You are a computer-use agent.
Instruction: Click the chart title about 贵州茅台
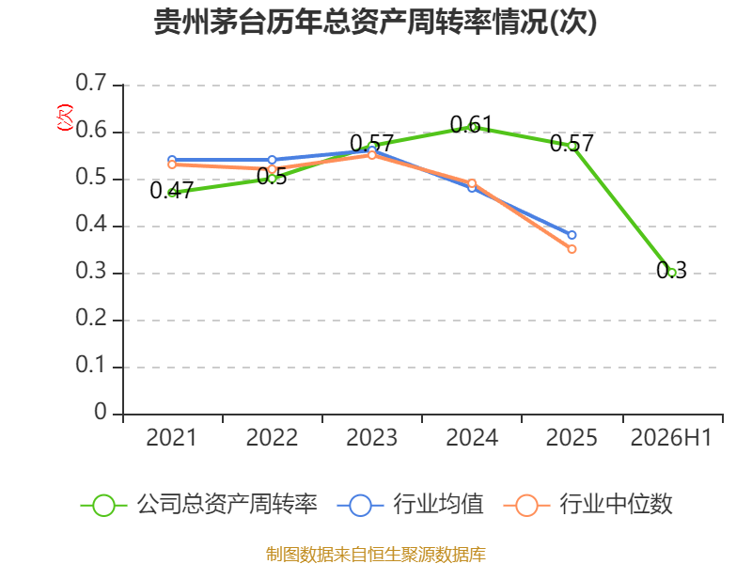tap(375, 22)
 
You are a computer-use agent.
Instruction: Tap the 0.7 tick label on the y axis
tap(90, 83)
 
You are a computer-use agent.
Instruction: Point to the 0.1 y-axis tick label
tap(90, 366)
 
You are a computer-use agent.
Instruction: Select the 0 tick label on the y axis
tap(101, 413)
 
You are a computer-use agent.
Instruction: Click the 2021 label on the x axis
tap(171, 438)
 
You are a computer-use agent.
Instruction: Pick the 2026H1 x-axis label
tap(671, 438)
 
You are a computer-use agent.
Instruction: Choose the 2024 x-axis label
tap(472, 438)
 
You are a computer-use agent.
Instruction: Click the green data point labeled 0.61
tap(472, 127)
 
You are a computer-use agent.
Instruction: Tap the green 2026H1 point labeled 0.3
tap(672, 273)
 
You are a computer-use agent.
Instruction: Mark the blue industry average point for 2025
tap(572, 235)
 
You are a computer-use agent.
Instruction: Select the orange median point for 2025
tap(572, 249)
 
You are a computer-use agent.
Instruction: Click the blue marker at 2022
tap(272, 160)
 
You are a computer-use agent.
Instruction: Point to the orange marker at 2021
tap(172, 164)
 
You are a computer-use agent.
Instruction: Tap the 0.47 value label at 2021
tap(171, 191)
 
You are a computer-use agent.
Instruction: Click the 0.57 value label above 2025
tap(572, 144)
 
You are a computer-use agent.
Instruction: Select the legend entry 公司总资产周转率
tap(198, 505)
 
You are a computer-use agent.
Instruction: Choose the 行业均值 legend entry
tap(411, 505)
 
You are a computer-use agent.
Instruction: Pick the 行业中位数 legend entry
tap(588, 505)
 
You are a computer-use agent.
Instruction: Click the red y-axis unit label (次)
tap(65, 117)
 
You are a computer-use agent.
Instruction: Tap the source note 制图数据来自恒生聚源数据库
tap(376, 555)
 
